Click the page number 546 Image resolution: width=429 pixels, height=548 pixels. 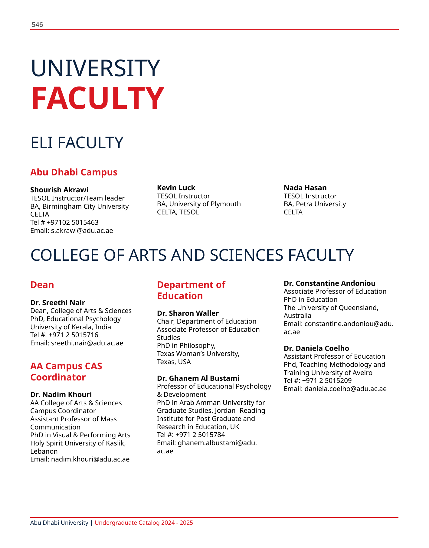pyautogui.click(x=37, y=25)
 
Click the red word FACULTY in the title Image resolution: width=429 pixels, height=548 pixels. pyautogui.click(x=97, y=98)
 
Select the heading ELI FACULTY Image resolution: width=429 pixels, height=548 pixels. pyautogui.click(x=77, y=143)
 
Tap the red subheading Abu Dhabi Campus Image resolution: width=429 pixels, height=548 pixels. pyautogui.click(x=74, y=172)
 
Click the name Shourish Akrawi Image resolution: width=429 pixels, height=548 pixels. pyautogui.click(x=59, y=190)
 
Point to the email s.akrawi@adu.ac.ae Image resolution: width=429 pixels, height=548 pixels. pyautogui.click(x=82, y=231)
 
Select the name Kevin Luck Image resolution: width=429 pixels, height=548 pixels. pyautogui.click(x=176, y=188)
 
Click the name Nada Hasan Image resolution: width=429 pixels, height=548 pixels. pyautogui.click(x=305, y=188)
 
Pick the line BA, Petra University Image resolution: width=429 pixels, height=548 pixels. pyautogui.click(x=315, y=204)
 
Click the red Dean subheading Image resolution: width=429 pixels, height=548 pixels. pyautogui.click(x=42, y=285)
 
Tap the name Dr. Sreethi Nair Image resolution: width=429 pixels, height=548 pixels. pyautogui.click(x=57, y=303)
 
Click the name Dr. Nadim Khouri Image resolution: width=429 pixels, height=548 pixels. pyautogui.click(x=61, y=395)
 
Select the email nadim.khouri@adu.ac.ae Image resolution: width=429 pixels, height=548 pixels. pyautogui.click(x=90, y=459)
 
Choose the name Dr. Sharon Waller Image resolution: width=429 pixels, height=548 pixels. pyautogui.click(x=188, y=313)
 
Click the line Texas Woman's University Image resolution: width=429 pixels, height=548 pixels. pyautogui.click(x=198, y=354)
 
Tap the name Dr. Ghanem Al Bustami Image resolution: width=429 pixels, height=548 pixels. pyautogui.click(x=198, y=378)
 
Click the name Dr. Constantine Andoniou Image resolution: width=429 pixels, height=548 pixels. pyautogui.click(x=329, y=283)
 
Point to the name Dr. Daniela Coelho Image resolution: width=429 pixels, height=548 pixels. pyautogui.click(x=316, y=348)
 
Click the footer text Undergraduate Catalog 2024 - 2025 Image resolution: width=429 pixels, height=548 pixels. pyautogui.click(x=144, y=523)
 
